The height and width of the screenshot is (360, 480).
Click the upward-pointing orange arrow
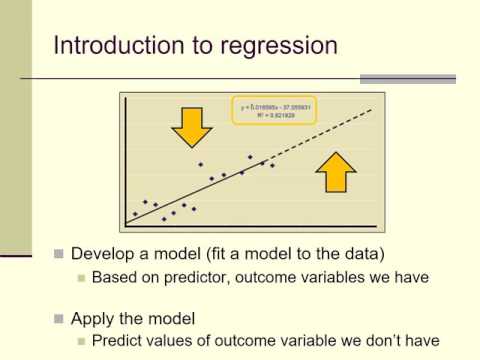[336, 171]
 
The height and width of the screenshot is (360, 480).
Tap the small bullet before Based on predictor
[81, 277]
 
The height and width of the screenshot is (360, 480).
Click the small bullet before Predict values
[81, 342]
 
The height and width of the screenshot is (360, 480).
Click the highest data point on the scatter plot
[250, 157]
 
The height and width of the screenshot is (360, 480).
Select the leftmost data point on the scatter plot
[135, 214]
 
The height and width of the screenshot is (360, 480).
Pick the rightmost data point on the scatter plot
[272, 166]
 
